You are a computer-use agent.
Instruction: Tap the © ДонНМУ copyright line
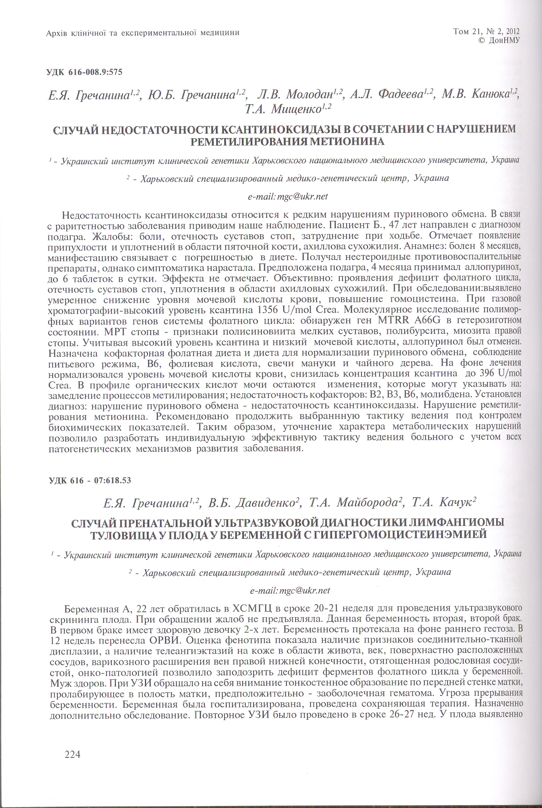pyautogui.click(x=499, y=41)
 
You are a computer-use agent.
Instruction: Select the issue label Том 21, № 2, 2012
pyautogui.click(x=486, y=31)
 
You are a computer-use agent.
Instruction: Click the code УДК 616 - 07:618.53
pyautogui.click(x=90, y=480)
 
